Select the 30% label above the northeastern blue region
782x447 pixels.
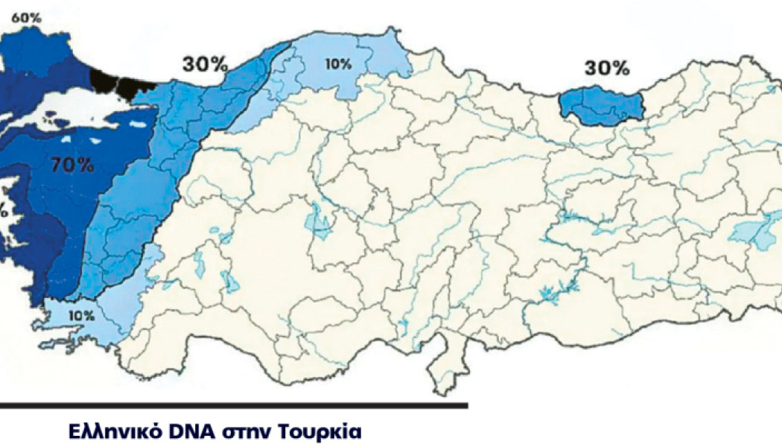point(606,68)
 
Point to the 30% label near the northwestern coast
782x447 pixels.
point(205,64)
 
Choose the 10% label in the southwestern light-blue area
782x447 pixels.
point(80,315)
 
